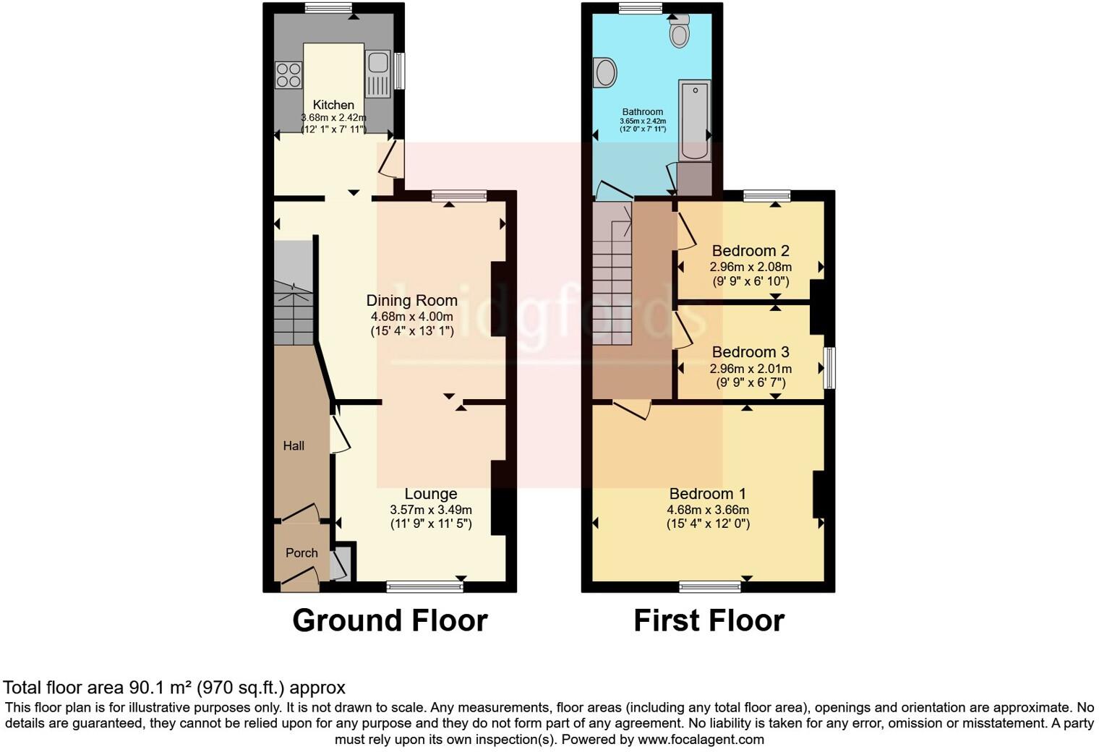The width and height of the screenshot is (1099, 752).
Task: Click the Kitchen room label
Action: coord(333,105)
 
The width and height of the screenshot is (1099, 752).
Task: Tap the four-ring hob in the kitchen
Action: coord(288,75)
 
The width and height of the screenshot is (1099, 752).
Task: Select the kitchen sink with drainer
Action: coord(378,73)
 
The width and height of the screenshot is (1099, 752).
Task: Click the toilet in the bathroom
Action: coord(679,32)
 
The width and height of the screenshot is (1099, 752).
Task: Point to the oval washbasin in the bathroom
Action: coord(604,73)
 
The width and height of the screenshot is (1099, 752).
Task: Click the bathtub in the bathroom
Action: coord(694,119)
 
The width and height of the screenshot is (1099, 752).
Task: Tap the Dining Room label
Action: coord(411,300)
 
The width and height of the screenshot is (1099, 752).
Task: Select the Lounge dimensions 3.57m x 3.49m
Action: coord(430,510)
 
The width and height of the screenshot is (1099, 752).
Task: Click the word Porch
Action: coord(302,552)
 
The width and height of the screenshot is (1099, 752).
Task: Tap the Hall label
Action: coord(294,445)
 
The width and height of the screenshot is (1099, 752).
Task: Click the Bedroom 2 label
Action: coord(750,251)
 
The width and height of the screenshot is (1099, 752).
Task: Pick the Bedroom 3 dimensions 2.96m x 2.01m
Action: coord(750,369)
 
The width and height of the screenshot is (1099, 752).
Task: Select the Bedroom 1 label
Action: coord(707,494)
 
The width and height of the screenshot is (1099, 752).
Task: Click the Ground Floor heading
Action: coord(390,620)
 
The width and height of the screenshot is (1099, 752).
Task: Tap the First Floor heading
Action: coord(709,620)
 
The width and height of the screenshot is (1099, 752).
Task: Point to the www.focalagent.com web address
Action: coord(701,739)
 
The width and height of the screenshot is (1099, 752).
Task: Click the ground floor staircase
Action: coord(293,304)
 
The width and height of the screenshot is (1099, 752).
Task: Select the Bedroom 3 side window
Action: coord(830,367)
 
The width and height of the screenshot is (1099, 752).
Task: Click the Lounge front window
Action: coord(424,586)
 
